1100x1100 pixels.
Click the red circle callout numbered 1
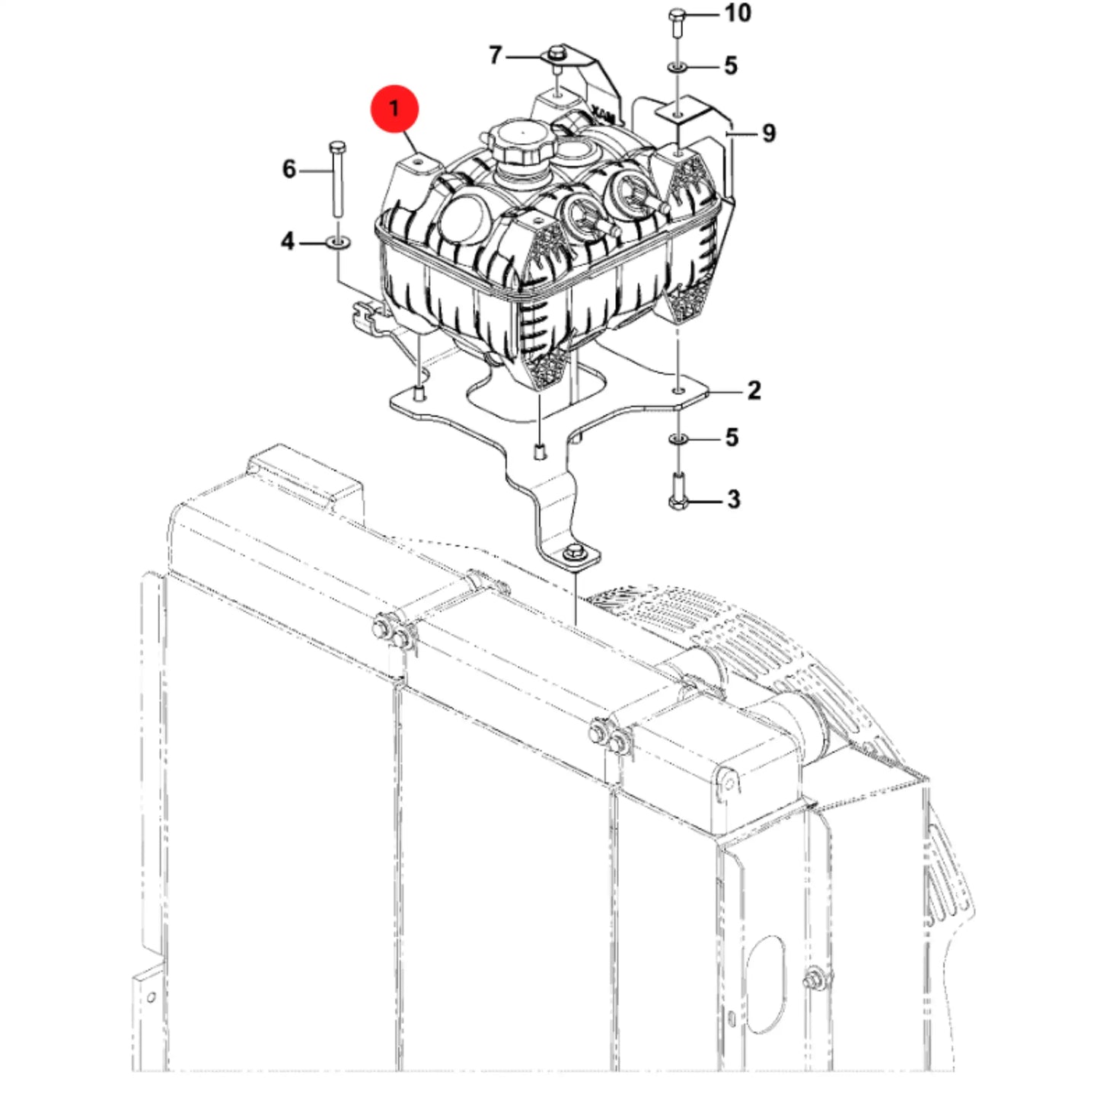394,108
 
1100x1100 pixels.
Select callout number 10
738,12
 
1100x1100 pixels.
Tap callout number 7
495,56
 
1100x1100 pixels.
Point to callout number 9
769,133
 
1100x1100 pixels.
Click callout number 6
289,170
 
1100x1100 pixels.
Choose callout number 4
288,241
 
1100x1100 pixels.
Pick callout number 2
754,391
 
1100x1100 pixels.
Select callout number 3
734,499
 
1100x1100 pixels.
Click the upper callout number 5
731,65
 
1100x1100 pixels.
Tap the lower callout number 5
732,438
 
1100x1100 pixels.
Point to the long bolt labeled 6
337,179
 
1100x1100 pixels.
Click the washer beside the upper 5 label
677,68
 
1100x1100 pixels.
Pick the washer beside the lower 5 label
678,439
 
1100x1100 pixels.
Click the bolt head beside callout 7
556,53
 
